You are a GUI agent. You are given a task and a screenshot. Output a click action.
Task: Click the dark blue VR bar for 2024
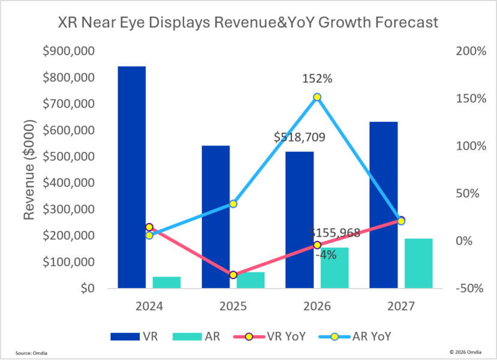132,178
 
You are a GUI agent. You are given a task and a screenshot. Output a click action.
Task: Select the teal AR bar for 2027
418,263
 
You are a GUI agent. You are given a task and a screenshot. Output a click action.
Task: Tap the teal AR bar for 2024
167,282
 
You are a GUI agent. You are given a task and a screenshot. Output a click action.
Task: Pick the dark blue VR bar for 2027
384,205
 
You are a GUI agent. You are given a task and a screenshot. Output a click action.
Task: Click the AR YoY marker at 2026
317,97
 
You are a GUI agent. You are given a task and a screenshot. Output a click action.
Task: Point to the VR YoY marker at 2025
233,275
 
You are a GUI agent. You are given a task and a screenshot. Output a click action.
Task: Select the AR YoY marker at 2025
233,203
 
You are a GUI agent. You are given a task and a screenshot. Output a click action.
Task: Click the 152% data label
317,79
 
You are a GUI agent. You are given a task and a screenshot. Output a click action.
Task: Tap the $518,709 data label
300,137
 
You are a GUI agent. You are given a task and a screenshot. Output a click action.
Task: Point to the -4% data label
326,254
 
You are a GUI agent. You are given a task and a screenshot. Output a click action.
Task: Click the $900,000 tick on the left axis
68,51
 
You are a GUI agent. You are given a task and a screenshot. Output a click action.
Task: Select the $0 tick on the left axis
87,289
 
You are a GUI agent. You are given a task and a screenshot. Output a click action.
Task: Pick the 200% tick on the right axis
471,51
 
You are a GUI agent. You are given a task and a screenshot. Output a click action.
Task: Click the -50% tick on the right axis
469,289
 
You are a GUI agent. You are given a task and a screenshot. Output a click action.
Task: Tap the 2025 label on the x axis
233,306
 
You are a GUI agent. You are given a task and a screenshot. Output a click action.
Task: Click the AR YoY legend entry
355,336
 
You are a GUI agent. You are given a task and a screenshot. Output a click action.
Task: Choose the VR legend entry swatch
125,337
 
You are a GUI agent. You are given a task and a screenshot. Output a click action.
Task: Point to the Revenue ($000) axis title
29,170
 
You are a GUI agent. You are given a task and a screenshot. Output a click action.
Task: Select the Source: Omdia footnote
31,353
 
